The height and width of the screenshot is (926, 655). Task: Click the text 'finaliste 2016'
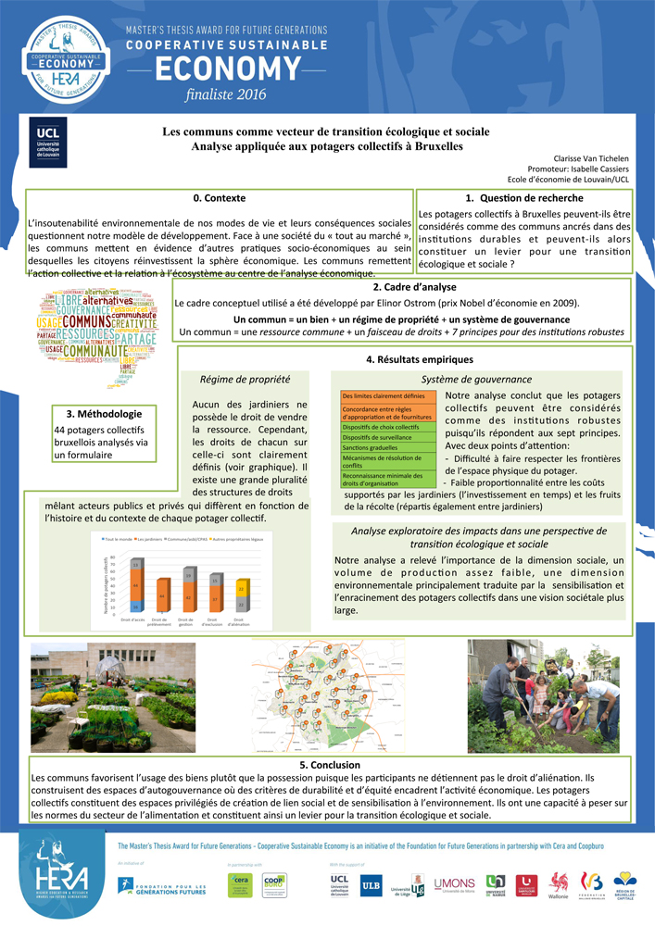tap(225, 94)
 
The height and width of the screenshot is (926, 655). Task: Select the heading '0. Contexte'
tap(220, 199)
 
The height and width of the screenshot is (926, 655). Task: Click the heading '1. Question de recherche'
tap(523, 198)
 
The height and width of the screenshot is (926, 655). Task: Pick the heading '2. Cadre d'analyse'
tap(402, 287)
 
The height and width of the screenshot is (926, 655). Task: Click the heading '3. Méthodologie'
tap(104, 414)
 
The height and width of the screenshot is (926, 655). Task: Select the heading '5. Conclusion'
tap(330, 765)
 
